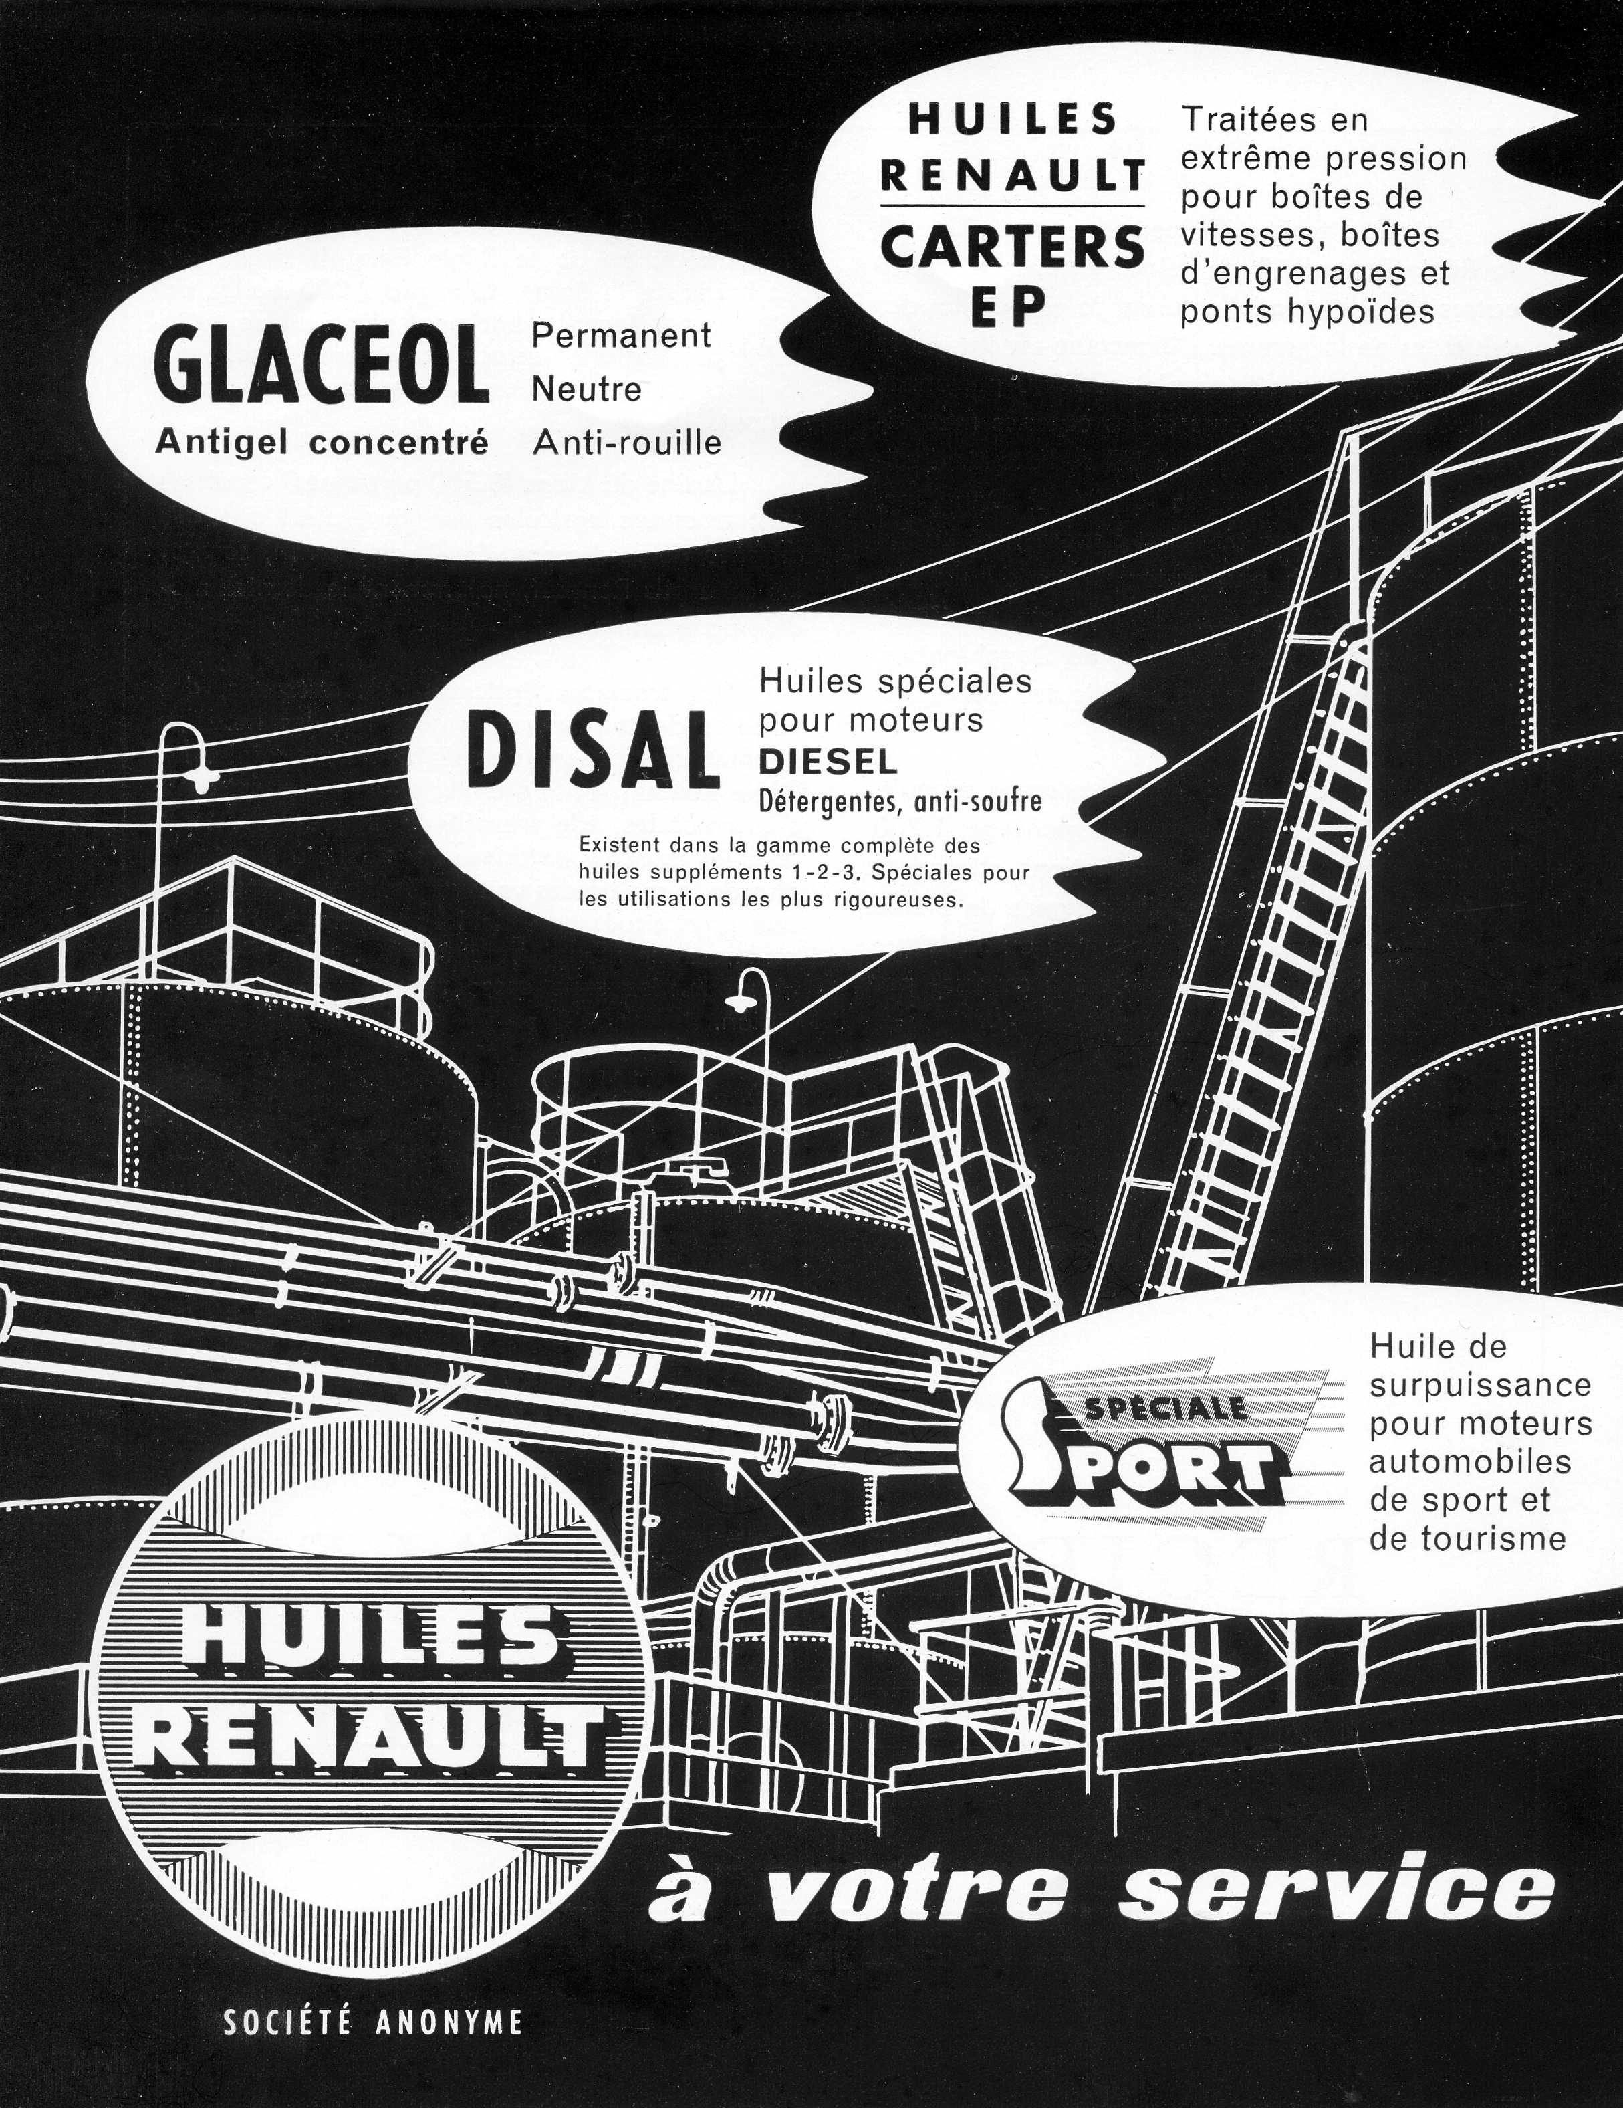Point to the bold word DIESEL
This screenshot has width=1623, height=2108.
coord(829,762)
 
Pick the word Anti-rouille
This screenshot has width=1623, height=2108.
coord(627,443)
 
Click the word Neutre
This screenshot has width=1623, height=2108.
coord(587,390)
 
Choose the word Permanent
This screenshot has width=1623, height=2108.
coord(622,335)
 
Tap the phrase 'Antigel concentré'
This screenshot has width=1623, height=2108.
coord(322,443)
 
